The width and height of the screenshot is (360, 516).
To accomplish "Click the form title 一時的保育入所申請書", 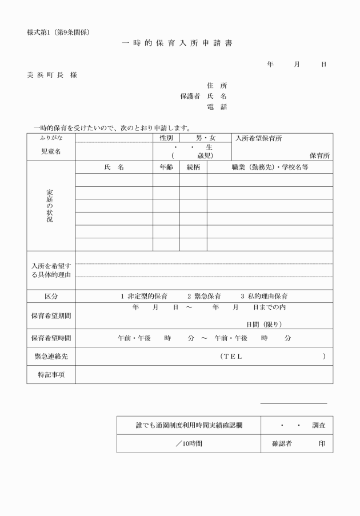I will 178,43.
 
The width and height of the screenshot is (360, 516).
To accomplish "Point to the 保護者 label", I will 190,97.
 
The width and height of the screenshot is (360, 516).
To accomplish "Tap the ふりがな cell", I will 51,138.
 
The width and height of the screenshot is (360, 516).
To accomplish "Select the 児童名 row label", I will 51,151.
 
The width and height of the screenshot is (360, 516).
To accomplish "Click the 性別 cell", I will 166,138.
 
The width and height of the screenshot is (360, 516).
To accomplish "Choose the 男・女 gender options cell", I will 206,138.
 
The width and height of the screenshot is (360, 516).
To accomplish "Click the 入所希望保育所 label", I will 258,138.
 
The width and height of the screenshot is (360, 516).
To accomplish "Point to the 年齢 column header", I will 166,167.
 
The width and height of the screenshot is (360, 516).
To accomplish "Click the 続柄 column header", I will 193,167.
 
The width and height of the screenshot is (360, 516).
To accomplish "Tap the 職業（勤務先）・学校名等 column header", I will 270,167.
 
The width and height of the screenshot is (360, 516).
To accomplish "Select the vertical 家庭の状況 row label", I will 50,205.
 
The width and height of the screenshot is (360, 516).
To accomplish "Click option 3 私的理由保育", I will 263,297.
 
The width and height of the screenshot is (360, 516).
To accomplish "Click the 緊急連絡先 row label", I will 51,356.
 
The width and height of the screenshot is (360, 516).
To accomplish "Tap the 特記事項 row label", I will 51,374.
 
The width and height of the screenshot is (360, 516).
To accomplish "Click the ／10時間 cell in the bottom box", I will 189,443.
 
